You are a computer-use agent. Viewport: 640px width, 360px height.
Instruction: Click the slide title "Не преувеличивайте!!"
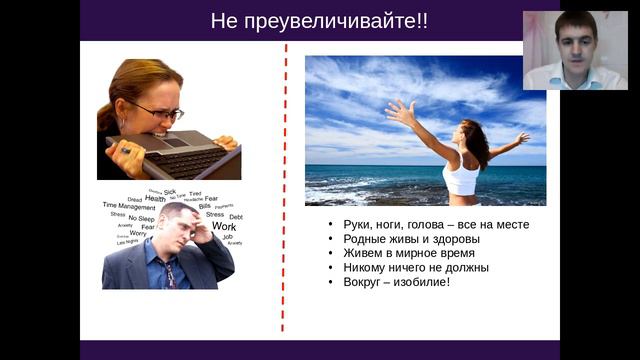point(319,21)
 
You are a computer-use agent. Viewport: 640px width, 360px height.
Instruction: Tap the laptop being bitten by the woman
point(180,154)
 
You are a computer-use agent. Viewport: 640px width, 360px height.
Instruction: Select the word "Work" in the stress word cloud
point(224,226)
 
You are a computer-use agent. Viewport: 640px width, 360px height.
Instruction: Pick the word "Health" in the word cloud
point(155,198)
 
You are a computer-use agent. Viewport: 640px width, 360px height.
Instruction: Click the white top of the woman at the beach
point(461,180)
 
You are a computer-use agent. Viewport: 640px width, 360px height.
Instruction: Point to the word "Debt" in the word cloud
point(236,216)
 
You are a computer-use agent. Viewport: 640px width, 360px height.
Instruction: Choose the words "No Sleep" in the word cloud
point(141,218)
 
